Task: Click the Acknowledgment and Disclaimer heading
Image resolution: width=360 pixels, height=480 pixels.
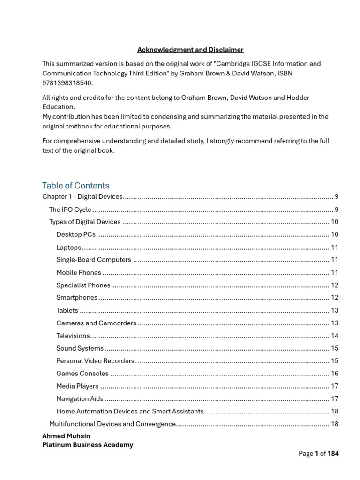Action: point(190,50)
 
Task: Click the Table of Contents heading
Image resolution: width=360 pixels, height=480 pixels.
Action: point(75,186)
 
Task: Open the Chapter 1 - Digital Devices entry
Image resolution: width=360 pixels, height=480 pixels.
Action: point(82,197)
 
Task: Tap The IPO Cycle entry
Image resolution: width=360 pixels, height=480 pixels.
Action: point(70,210)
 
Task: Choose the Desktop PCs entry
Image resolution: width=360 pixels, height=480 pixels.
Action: point(76,234)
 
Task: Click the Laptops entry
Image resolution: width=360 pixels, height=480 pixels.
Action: point(69,247)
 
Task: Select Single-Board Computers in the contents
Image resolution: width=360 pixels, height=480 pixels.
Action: point(94,260)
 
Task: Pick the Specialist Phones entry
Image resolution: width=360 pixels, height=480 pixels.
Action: point(83,285)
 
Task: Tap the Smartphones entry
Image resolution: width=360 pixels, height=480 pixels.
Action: point(77,298)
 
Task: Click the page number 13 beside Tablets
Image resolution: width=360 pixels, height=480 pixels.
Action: point(335,310)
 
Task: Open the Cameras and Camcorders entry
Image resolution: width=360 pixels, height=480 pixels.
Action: point(97,323)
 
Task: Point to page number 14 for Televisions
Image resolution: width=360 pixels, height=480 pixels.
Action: point(335,336)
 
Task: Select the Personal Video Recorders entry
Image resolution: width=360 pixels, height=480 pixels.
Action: point(96,361)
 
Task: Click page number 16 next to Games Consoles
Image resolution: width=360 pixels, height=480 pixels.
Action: point(335,374)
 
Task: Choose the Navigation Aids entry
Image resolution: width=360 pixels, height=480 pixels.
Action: point(80,399)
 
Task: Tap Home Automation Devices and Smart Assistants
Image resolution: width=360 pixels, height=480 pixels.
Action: point(130,412)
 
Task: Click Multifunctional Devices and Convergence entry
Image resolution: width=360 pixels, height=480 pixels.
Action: point(112,424)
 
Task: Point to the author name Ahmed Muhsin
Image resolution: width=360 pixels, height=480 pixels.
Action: point(66,436)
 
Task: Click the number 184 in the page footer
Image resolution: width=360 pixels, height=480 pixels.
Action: point(333,453)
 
